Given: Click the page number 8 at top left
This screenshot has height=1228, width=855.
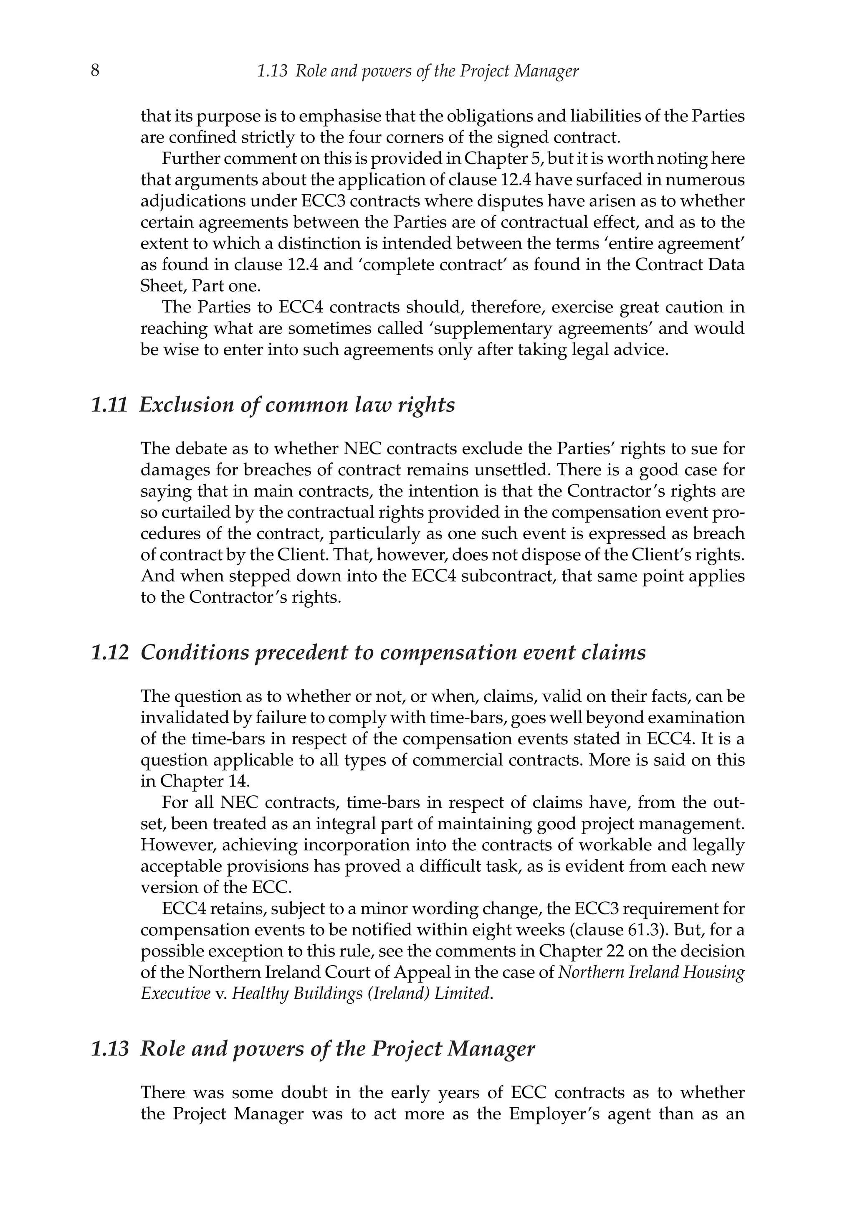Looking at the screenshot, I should (95, 71).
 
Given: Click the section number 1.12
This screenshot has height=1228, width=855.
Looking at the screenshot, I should (110, 652).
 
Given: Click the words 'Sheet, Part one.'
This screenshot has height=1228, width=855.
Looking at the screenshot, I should (200, 286).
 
